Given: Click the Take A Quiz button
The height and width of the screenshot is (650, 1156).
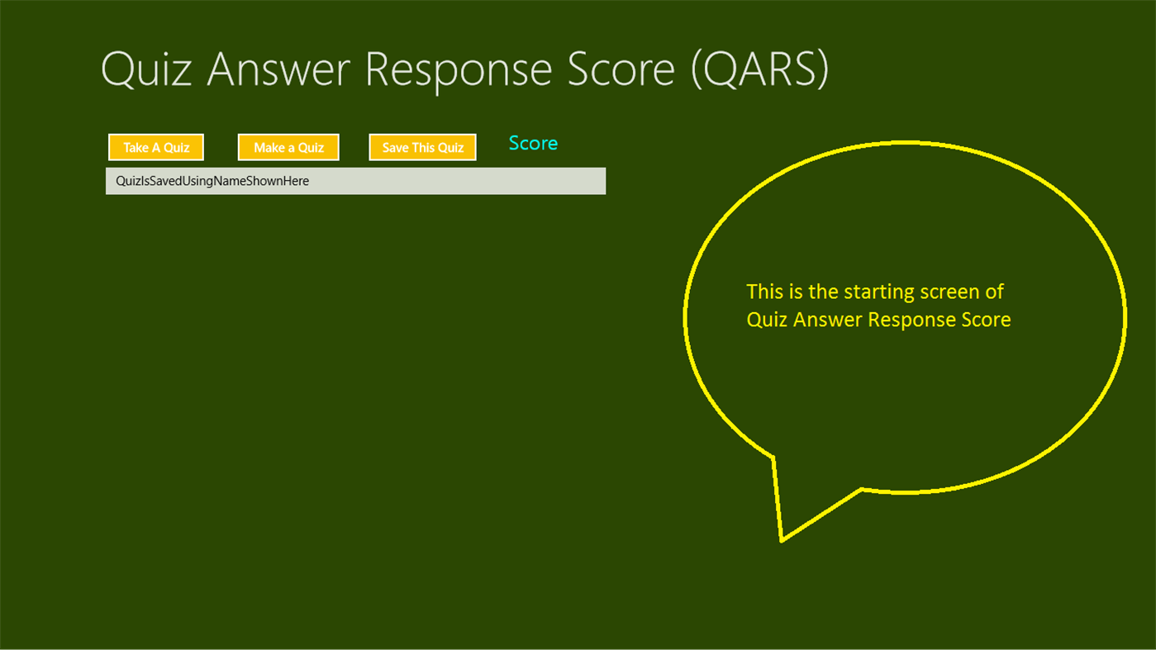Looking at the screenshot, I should (x=156, y=148).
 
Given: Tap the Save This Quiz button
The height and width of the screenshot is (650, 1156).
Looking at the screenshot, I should (x=422, y=148).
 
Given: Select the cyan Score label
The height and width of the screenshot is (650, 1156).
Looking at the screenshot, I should (x=533, y=144).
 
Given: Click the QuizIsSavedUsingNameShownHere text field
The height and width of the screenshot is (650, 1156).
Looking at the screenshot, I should (x=355, y=181).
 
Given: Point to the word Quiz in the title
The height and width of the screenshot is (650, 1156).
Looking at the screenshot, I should (x=146, y=69).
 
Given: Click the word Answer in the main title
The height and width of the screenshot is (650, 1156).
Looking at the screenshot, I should (x=278, y=69).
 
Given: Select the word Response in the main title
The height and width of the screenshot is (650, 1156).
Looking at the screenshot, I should (x=459, y=69).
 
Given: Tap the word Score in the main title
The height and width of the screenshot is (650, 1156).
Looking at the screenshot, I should (x=621, y=69).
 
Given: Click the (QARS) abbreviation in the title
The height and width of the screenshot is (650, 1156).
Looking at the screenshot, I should (x=759, y=69).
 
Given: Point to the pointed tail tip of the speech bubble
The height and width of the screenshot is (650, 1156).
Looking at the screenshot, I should (x=782, y=540).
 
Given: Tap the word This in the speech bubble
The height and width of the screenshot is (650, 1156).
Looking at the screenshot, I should (x=764, y=292).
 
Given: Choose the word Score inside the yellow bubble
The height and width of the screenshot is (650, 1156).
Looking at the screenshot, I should (x=986, y=320).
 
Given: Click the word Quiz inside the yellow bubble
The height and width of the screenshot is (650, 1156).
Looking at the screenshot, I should (x=767, y=320).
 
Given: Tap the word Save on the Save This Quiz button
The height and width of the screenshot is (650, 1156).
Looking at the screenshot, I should (x=395, y=148).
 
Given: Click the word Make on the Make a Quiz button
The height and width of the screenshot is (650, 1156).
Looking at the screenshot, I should (x=269, y=148).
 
